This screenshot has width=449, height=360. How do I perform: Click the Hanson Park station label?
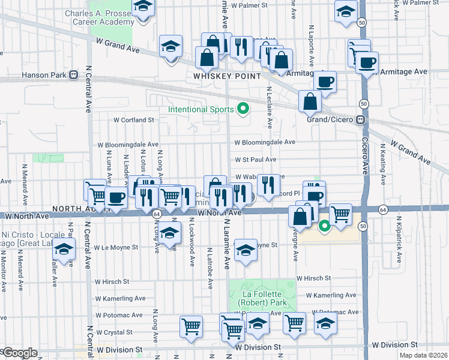tap(50, 75)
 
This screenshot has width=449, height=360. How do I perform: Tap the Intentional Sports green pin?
tap(243, 109)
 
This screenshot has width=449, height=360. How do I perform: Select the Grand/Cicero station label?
tap(336, 119)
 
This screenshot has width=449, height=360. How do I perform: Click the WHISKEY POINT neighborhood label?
tap(227, 76)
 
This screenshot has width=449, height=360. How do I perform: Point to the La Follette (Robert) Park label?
tap(263, 298)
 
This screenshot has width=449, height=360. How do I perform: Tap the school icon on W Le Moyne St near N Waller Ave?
tap(63, 250)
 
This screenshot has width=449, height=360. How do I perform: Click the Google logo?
tap(20, 353)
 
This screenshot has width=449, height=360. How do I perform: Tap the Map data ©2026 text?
tap(423, 355)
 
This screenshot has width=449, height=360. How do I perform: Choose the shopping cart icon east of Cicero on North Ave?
tap(340, 214)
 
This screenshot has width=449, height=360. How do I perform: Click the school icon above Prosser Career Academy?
tap(142, 8)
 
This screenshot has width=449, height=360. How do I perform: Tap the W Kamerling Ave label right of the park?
tap(330, 295)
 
